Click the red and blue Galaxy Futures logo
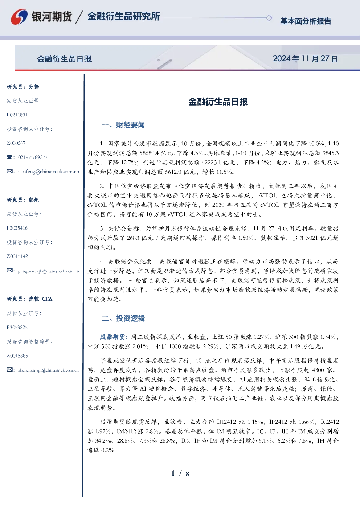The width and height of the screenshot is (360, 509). point(19,17)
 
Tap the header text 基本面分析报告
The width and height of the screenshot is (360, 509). point(306,21)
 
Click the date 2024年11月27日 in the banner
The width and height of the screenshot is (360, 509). point(305,59)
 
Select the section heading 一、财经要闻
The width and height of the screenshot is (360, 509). point(123,125)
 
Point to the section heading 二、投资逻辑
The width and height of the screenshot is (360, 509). point(123,319)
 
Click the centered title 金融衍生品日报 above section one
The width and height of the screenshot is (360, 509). point(218,102)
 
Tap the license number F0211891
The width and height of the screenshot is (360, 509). point(17,115)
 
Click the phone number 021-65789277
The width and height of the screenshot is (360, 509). point(33,157)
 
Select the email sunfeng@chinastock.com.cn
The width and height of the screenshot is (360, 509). point(49,172)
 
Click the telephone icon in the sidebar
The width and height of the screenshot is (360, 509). point(9,157)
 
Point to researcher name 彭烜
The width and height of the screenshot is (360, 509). point(34,200)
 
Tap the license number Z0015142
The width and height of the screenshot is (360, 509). point(17,256)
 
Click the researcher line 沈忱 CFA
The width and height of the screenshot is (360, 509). point(40,299)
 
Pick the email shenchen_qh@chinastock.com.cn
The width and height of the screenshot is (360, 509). point(48,370)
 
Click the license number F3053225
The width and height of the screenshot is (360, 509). point(17,328)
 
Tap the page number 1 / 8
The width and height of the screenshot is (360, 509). point(180,473)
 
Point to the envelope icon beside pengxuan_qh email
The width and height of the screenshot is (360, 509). point(9,271)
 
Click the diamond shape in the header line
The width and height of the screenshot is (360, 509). point(269,18)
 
